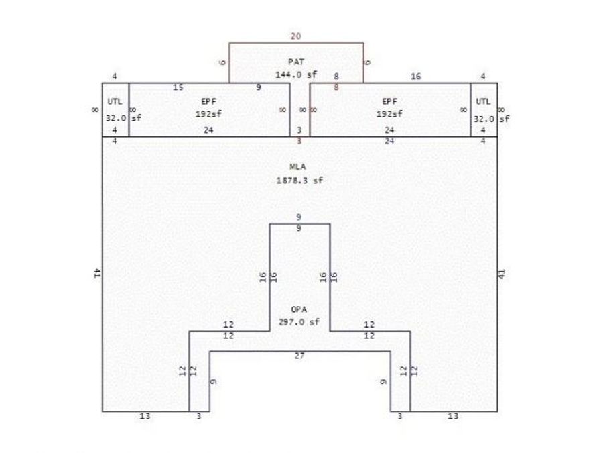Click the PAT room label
point(295,62)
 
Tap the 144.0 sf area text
point(296,74)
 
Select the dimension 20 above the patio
point(295,36)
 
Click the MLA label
point(297,167)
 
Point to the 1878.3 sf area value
point(299,180)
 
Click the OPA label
point(299,309)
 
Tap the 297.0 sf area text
point(299,322)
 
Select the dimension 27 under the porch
point(299,356)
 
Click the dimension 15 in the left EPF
point(178,87)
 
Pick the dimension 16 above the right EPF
point(415,77)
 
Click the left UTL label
point(115,101)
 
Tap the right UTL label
point(483,101)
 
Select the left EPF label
point(209,101)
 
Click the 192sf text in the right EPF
point(389,114)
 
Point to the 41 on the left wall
point(97,274)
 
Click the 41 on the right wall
point(502,274)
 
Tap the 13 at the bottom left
point(145,416)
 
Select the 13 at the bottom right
point(453,416)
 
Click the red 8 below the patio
point(336,87)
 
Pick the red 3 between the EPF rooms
point(299,142)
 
